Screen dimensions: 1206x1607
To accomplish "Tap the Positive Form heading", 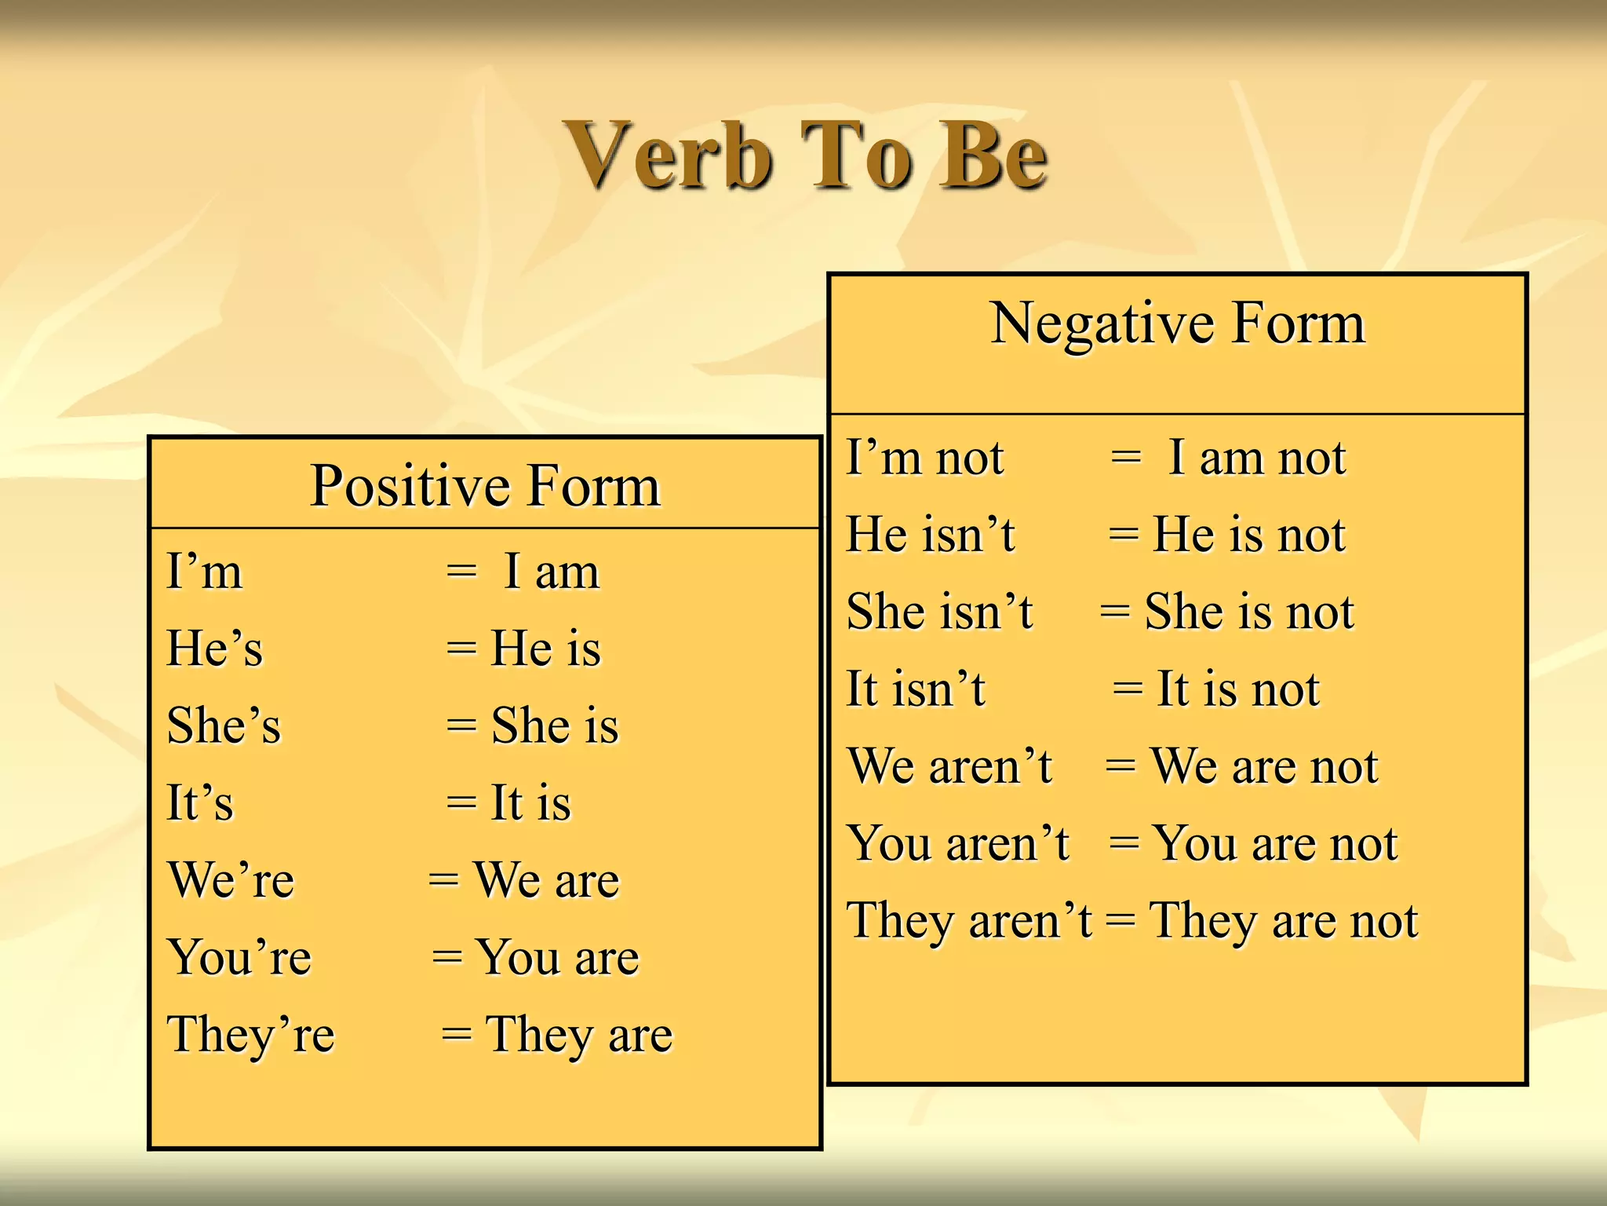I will coord(485,486).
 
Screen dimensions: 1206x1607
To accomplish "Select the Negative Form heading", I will coord(1177,323).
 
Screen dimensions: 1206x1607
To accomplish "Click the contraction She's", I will coord(224,725).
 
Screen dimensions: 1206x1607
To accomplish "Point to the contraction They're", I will coord(250,1035).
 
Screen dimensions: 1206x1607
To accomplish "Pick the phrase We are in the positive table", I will coord(547,880).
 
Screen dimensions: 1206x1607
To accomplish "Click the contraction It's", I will coord(200,802).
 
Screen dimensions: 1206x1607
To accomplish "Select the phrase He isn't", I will coord(931,535).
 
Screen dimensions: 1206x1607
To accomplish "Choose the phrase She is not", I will coord(1249,612).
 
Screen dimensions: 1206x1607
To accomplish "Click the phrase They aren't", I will coord(969,920).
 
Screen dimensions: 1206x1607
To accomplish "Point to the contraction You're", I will coord(239,958).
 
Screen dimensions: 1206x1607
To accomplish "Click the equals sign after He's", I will coord(461,649).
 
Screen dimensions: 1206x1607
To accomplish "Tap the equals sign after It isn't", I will coord(1128,689).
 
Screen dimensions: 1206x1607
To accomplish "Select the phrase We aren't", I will coord(949,766).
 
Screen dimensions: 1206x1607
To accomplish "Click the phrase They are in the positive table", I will coord(579,1035).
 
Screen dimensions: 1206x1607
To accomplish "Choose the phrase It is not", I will coord(1238,689).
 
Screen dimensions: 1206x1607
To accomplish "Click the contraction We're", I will coord(231,880).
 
